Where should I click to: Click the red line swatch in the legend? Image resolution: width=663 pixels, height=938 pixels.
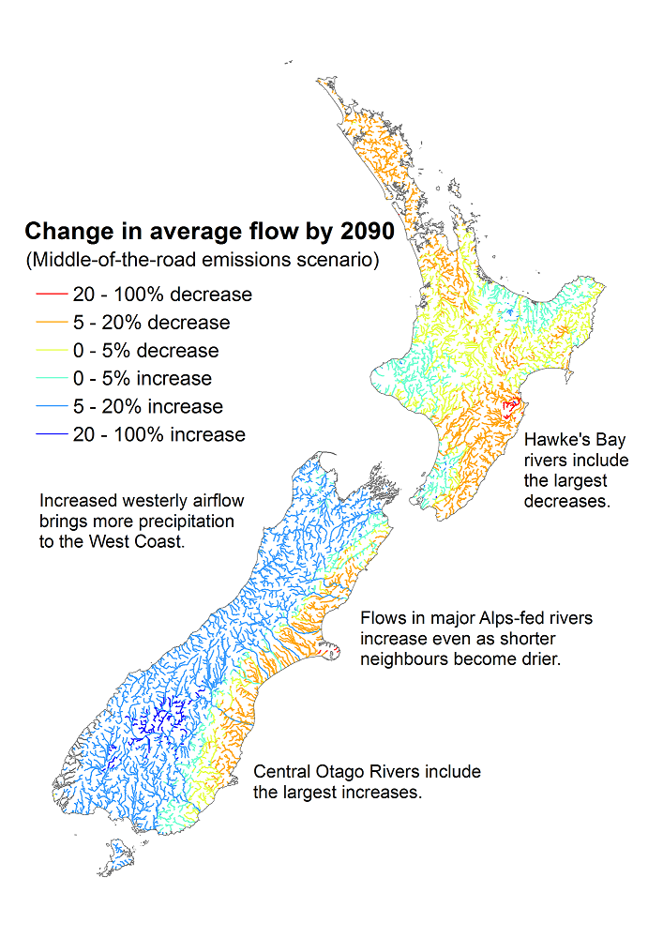51,295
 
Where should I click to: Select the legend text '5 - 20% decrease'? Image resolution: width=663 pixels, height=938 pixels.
151,323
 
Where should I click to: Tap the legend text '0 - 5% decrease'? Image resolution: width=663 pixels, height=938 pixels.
145,351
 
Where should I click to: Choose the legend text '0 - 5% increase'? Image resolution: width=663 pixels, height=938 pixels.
143,379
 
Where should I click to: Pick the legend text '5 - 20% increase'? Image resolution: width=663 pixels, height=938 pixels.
148,407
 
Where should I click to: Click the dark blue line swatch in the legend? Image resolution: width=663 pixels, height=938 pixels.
51,435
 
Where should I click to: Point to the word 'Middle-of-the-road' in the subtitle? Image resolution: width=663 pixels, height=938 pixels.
110,259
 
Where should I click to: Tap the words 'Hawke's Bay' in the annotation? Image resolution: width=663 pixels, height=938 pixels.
575,440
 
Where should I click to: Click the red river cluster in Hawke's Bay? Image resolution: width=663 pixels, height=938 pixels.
510,409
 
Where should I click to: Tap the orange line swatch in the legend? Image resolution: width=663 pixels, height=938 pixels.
51,323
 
